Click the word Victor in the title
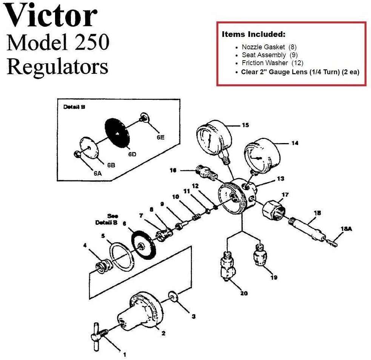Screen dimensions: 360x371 (x=52, y=16)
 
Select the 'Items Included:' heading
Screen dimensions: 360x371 (x=253, y=34)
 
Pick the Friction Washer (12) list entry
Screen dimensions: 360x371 (x=272, y=63)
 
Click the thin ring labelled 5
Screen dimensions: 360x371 (x=121, y=256)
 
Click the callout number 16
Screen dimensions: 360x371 (x=173, y=170)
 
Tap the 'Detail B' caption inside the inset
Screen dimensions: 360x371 (x=74, y=107)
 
